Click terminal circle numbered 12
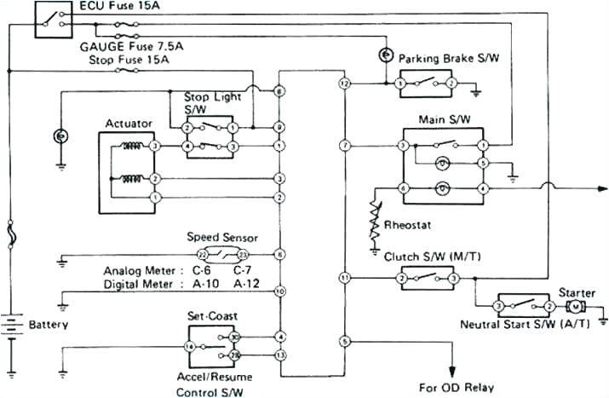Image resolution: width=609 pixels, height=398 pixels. point(344,84)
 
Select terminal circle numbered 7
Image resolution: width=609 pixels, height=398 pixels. point(344,147)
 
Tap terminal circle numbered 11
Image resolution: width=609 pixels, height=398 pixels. point(344,278)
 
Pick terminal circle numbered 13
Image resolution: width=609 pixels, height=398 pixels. point(279,354)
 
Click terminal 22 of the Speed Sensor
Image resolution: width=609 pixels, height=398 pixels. point(202,255)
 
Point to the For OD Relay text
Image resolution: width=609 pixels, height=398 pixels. point(456,387)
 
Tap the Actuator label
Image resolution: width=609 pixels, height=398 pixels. point(129,124)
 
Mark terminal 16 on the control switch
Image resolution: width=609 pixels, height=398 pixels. point(188,347)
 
